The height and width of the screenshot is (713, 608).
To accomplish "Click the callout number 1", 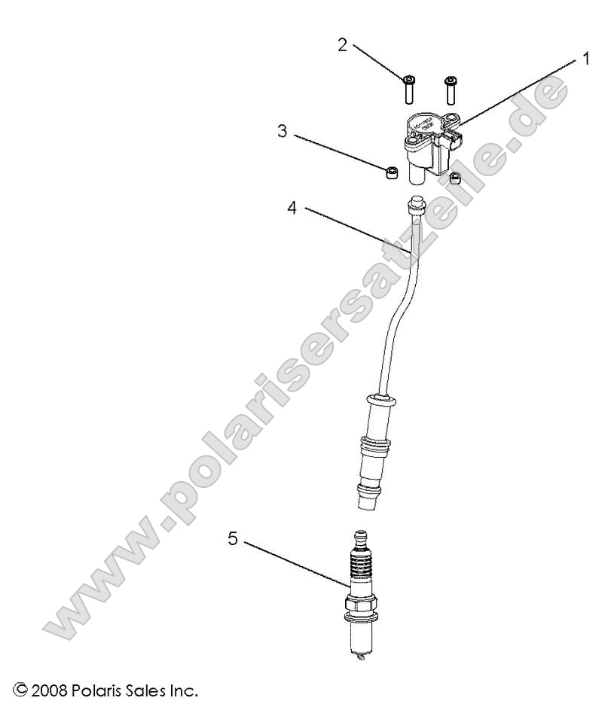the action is click(586, 58).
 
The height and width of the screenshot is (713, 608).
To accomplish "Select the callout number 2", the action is click(342, 44).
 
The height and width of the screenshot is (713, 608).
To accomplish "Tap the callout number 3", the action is click(282, 130).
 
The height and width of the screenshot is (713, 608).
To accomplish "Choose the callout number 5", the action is click(234, 538).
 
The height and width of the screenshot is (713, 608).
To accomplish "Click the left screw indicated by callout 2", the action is click(408, 89).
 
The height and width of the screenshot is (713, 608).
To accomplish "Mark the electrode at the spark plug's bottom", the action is click(359, 657).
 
